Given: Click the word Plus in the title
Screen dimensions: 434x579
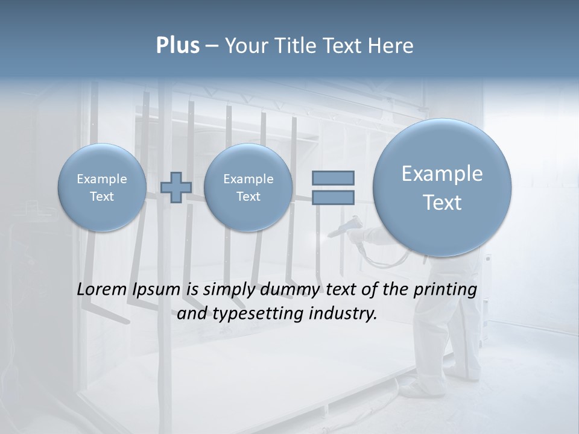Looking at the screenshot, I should (177, 46).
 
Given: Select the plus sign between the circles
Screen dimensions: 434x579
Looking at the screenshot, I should (176, 187).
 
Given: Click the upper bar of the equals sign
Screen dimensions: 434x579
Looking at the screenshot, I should (333, 178).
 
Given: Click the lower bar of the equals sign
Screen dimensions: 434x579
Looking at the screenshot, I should (333, 197).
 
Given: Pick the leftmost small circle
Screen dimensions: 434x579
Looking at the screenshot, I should (101, 187).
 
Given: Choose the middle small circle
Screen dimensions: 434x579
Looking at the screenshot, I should (248, 187).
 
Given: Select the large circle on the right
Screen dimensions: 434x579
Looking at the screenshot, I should (442, 187).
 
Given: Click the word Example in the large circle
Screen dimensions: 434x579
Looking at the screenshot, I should (442, 174).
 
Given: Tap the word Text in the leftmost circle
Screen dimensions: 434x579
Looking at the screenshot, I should (101, 197).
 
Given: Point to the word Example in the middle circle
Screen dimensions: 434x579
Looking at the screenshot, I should (248, 179).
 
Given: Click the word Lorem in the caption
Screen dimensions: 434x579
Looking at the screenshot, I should (100, 289).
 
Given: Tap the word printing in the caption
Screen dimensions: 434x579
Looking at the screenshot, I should (445, 289).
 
